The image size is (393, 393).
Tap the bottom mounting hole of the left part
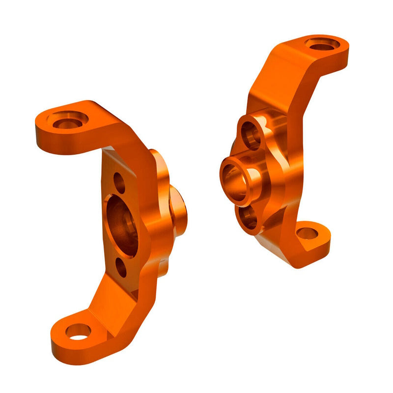tap(78, 332)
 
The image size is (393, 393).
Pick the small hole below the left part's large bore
tap(121, 267)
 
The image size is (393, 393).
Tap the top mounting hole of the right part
tap(322, 44)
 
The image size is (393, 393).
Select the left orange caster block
tap(113, 226)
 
